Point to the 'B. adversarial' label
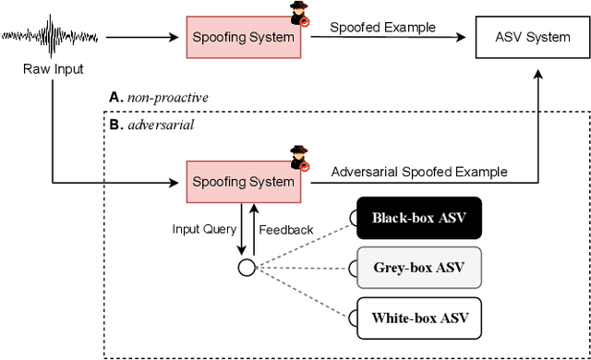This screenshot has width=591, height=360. tap(148, 124)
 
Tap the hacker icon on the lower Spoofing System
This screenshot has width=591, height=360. tap(299, 158)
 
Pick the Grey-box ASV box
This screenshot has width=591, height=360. tap(418, 269)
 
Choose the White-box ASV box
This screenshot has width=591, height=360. tap(418, 319)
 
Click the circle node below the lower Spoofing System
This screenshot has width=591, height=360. tap(246, 269)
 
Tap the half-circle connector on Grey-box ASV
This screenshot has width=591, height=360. tap(352, 269)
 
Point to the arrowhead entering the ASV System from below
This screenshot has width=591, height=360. tap(533, 77)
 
